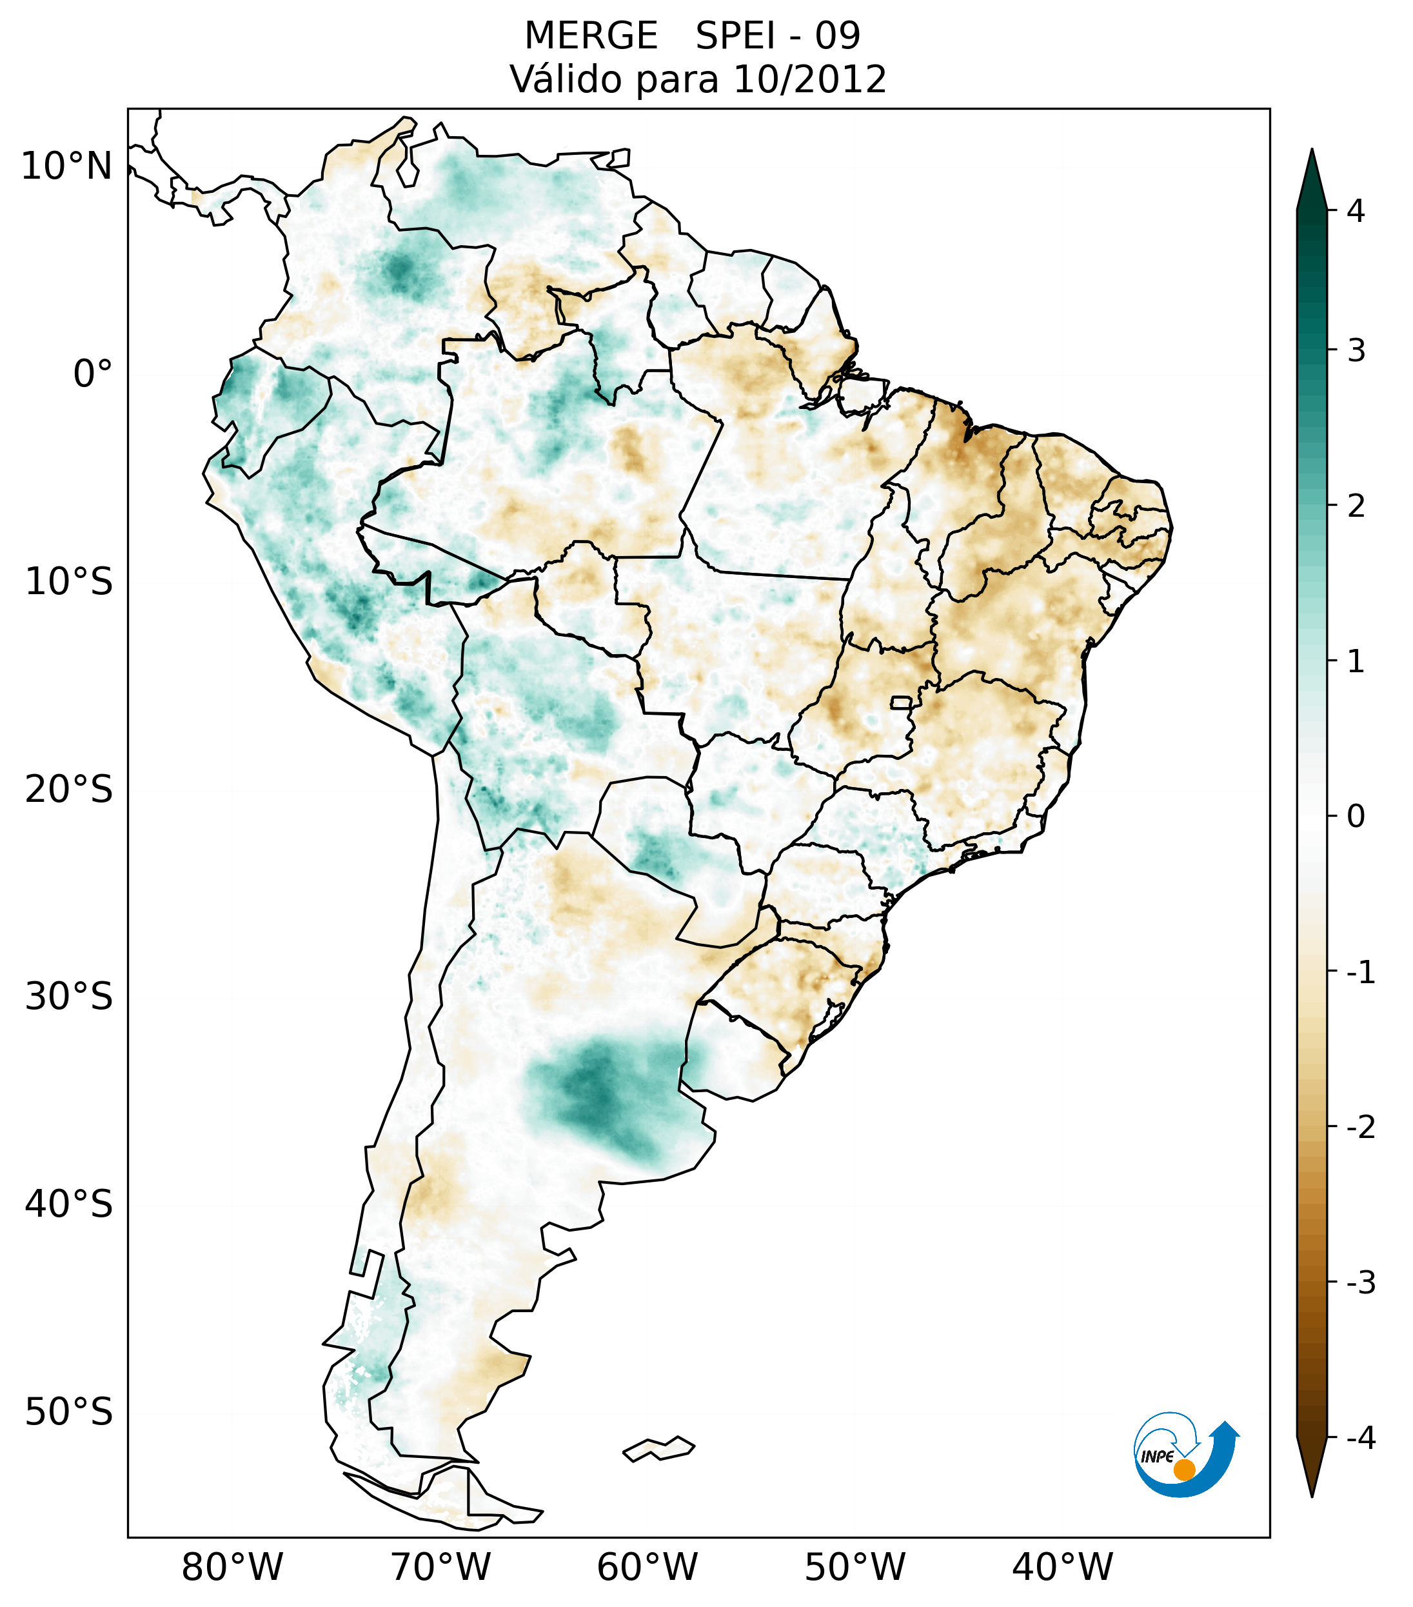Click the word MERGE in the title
pyautogui.click(x=591, y=36)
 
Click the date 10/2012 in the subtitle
pyautogui.click(x=809, y=79)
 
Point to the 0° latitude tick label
pyautogui.click(x=93, y=374)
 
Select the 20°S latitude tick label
pyautogui.click(x=69, y=790)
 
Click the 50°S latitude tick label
pyautogui.click(x=69, y=1413)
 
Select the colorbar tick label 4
pyautogui.click(x=1356, y=211)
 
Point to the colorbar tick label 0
pyautogui.click(x=1356, y=817)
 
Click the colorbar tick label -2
pyautogui.click(x=1360, y=1128)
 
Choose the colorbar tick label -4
pyautogui.click(x=1360, y=1438)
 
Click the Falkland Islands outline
pyautogui.click(x=658, y=1448)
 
